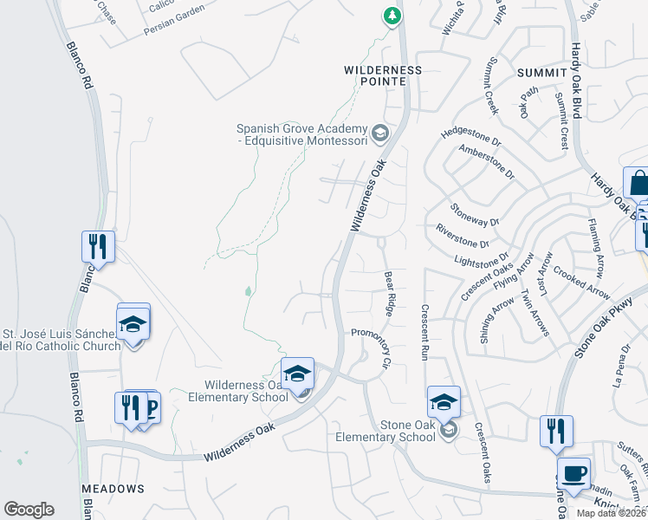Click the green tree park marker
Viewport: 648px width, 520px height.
coord(392,16)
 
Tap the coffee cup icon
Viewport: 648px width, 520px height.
coord(573,474)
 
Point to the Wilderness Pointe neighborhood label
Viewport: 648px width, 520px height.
coord(382,75)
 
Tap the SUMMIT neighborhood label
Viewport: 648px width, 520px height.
coord(541,73)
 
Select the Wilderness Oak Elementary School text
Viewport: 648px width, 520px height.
coord(246,391)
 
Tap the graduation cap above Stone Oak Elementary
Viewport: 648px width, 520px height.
coord(444,402)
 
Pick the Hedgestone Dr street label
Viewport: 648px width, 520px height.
coord(471,135)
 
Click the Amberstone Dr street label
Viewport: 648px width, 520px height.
coord(486,162)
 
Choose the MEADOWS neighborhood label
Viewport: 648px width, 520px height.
coord(113,489)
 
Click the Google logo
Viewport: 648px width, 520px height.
coord(29,510)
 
